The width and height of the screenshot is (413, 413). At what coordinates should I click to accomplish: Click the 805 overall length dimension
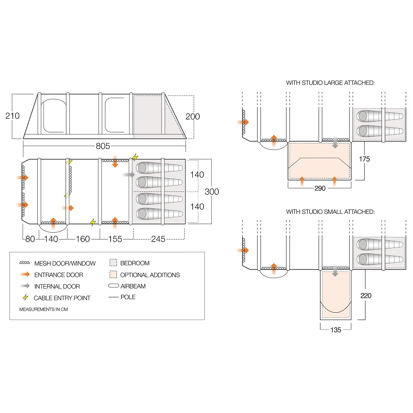click(x=103, y=147)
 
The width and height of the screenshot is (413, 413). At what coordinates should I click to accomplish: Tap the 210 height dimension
click(x=12, y=116)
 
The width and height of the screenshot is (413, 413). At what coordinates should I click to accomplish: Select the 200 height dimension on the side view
click(x=193, y=117)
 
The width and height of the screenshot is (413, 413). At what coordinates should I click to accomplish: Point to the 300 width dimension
click(x=212, y=191)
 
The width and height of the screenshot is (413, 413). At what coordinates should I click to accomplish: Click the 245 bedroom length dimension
click(x=158, y=239)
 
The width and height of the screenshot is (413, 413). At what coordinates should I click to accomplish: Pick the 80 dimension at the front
click(x=30, y=239)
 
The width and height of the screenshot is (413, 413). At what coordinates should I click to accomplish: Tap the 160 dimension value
click(x=83, y=239)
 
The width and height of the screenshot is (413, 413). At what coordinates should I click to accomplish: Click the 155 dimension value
click(x=115, y=239)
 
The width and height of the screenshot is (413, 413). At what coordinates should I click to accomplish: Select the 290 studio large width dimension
click(x=320, y=189)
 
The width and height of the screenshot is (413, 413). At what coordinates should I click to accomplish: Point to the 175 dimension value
click(x=365, y=159)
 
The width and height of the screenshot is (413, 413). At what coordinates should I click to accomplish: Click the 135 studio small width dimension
click(x=336, y=330)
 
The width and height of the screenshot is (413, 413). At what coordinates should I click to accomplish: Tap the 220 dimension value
click(x=366, y=295)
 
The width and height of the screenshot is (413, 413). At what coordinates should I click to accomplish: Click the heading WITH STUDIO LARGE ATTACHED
click(x=330, y=83)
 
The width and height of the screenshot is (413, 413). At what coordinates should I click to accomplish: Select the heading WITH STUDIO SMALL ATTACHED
click(x=330, y=212)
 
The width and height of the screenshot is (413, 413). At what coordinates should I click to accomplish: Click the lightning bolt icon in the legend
click(x=26, y=297)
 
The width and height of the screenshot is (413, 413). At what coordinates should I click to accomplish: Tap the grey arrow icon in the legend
click(x=26, y=286)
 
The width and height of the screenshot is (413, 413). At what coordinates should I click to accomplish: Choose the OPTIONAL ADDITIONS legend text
click(x=150, y=275)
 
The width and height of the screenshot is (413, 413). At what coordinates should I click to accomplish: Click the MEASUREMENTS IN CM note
click(x=44, y=309)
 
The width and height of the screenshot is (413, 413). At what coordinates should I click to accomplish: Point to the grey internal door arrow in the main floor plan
click(x=128, y=174)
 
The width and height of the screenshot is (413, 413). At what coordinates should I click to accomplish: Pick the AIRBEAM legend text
click(x=133, y=286)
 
